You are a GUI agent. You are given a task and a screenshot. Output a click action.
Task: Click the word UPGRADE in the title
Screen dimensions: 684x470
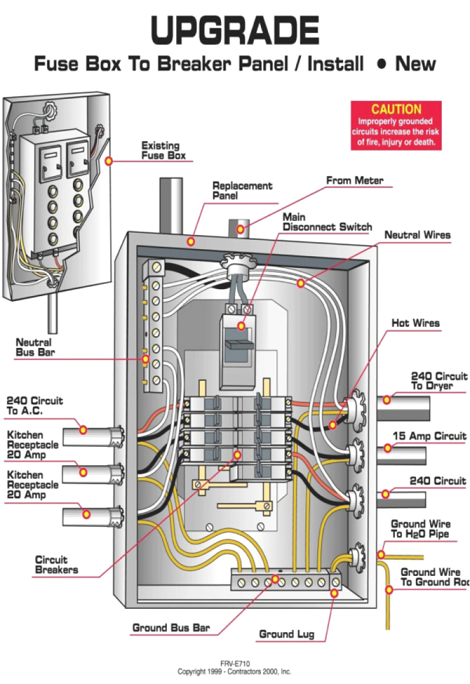pos(235,30)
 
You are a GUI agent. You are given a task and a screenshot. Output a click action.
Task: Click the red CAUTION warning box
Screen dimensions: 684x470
pos(396,125)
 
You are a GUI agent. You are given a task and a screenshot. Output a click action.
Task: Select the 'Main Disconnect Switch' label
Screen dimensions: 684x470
pos(327,222)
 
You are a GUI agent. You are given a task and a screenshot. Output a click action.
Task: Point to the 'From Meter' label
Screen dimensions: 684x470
pos(354,180)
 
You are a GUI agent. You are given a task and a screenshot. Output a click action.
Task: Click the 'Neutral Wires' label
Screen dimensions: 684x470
pos(417,235)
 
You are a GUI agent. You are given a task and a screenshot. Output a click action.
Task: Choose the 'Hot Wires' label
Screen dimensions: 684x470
pos(415,323)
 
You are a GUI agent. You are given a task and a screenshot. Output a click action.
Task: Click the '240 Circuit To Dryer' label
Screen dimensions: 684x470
pos(438,381)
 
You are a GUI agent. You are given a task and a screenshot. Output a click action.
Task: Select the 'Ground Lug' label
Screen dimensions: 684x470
pos(287,634)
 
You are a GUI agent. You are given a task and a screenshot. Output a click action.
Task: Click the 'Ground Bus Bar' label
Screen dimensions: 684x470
pos(171,628)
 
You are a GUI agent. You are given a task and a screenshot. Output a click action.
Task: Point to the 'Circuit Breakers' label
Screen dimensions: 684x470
pos(56,565)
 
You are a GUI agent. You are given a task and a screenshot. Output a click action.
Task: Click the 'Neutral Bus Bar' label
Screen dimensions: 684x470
pos(33,347)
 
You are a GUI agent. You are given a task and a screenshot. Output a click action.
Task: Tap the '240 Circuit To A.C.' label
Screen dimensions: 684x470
pos(34,406)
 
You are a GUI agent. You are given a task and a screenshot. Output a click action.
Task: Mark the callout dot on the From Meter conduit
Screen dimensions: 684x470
pos(240,229)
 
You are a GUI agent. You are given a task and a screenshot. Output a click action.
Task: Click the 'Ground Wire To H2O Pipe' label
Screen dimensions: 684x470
pos(420,529)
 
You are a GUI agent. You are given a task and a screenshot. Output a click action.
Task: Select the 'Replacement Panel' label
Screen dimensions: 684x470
pos(242,190)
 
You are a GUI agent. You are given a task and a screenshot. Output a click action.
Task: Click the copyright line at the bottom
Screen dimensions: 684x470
pos(234,671)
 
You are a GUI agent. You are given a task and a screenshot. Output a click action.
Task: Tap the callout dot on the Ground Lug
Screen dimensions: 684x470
pos(334,594)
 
